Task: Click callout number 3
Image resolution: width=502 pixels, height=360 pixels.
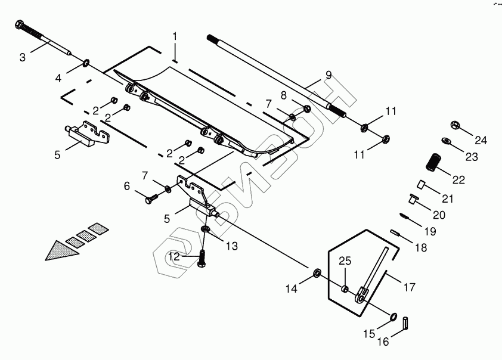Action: pyautogui.click(x=23, y=58)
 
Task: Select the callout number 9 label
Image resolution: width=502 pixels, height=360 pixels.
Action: pyautogui.click(x=328, y=75)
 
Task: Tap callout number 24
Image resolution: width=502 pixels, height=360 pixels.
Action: pyautogui.click(x=481, y=141)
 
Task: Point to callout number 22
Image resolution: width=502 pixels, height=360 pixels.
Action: pyautogui.click(x=458, y=179)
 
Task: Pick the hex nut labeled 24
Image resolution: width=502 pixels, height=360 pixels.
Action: pyautogui.click(x=454, y=125)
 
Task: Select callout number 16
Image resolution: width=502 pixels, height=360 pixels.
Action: pyautogui.click(x=383, y=342)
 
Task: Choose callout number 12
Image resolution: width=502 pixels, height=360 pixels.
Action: pyautogui.click(x=175, y=257)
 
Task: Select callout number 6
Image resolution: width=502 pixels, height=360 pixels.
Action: pyautogui.click(x=127, y=186)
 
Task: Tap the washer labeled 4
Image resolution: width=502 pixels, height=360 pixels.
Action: pyautogui.click(x=87, y=63)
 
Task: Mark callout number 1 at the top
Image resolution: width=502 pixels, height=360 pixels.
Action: pyautogui.click(x=175, y=36)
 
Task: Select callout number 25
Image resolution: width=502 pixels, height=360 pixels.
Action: pyautogui.click(x=345, y=261)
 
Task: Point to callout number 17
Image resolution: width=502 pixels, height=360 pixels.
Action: pyautogui.click(x=409, y=287)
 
